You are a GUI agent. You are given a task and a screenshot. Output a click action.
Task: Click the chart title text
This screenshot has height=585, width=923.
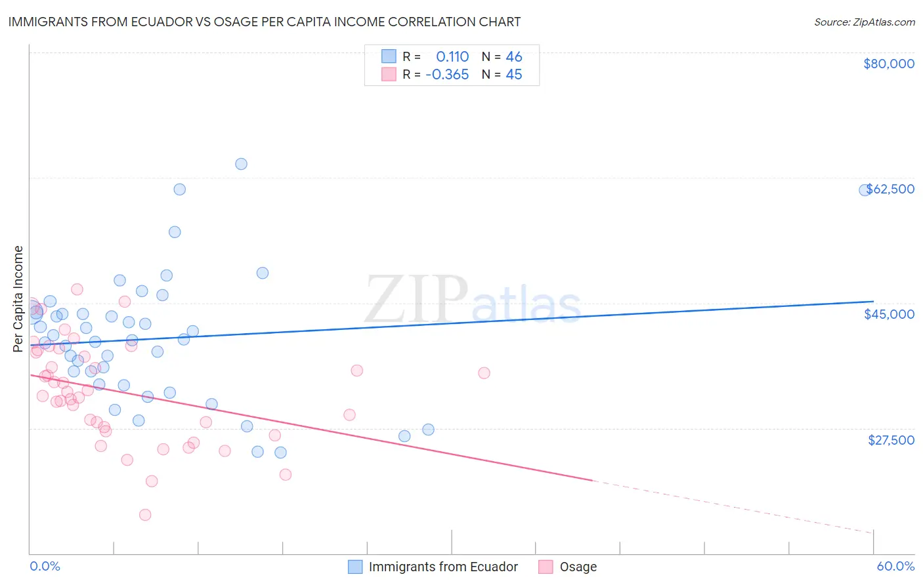264,22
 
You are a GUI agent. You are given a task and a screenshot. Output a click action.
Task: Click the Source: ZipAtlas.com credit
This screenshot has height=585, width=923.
864,22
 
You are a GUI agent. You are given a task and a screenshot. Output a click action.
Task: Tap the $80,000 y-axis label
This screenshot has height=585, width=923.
888,64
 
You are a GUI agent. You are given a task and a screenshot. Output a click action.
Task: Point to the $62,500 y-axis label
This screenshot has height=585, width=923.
890,189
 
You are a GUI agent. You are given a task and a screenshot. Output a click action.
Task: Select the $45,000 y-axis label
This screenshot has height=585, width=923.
889,314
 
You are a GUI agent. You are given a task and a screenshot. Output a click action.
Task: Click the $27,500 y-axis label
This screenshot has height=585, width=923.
891,440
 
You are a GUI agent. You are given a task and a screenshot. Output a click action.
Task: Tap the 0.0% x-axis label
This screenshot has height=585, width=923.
45,566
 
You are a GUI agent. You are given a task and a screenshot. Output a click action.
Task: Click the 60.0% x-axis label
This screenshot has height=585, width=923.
895,566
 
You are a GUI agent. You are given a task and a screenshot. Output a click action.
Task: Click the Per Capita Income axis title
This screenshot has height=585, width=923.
18,299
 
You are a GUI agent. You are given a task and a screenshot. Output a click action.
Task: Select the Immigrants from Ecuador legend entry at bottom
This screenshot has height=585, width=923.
443,567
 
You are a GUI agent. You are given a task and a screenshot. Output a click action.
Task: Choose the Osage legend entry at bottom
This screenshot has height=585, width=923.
578,567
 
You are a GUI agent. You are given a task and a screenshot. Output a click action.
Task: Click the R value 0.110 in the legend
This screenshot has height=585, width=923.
452,56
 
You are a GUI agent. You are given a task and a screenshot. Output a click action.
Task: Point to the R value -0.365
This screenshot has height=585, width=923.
447,75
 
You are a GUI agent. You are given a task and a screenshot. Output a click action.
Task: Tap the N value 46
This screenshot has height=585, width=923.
514,56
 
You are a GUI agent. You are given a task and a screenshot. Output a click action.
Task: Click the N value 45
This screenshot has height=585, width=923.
514,75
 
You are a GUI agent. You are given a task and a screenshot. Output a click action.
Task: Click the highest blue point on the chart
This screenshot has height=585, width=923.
241,164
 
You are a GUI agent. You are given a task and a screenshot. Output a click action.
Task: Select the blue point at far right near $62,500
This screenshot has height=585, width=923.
865,190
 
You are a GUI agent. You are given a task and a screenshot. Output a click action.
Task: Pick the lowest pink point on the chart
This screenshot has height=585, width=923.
145,515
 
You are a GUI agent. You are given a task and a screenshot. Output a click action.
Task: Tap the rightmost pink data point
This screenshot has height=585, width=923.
484,373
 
